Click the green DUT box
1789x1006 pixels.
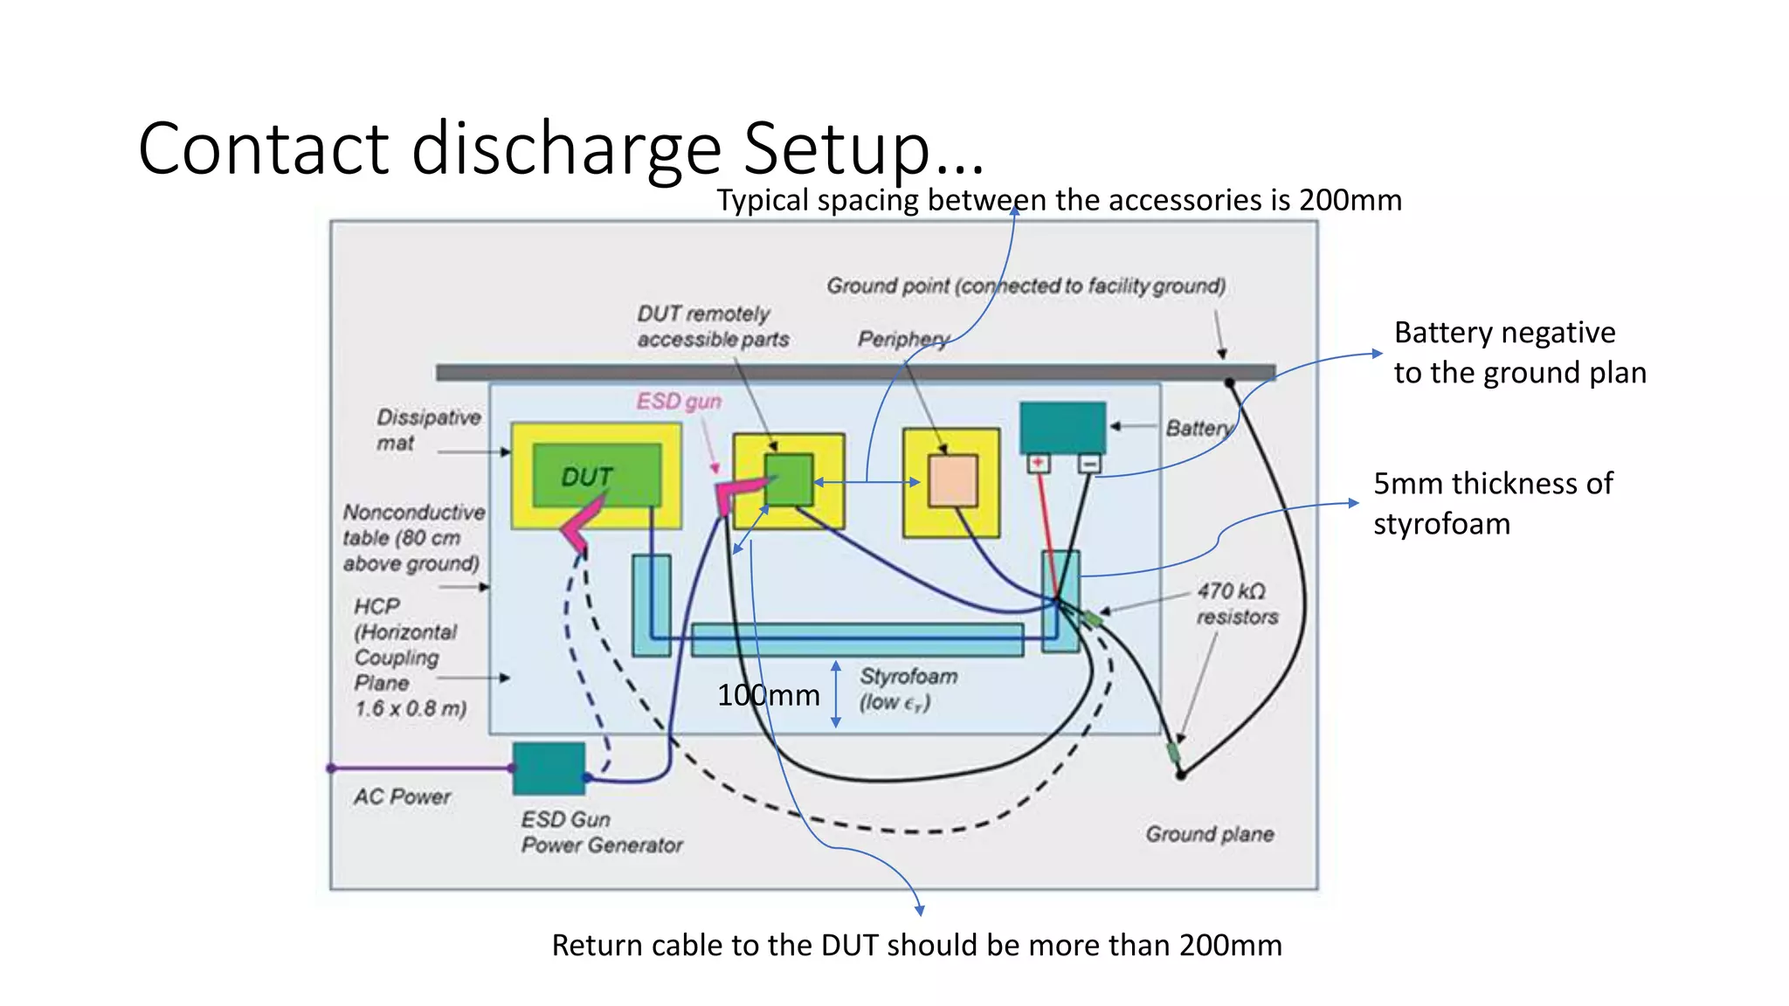click(597, 475)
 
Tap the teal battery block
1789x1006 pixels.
click(1062, 427)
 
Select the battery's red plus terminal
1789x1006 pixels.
click(1039, 463)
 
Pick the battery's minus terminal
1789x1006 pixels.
click(1089, 464)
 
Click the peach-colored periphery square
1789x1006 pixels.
click(952, 480)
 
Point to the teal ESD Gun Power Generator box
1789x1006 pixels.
click(549, 768)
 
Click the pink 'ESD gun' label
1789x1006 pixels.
click(679, 402)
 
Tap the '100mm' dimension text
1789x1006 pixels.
click(768, 695)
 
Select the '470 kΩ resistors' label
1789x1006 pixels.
click(1235, 604)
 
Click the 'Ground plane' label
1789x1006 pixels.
click(1209, 834)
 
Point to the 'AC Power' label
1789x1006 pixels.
click(402, 796)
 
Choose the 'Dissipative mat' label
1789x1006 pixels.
click(428, 430)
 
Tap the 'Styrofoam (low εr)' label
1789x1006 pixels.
click(907, 689)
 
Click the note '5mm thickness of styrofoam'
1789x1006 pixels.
click(1492, 503)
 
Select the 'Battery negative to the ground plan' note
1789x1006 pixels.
click(1518, 353)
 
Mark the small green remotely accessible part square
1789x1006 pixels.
click(789, 479)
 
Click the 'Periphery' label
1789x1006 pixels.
click(902, 339)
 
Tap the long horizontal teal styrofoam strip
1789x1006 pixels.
click(856, 639)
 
